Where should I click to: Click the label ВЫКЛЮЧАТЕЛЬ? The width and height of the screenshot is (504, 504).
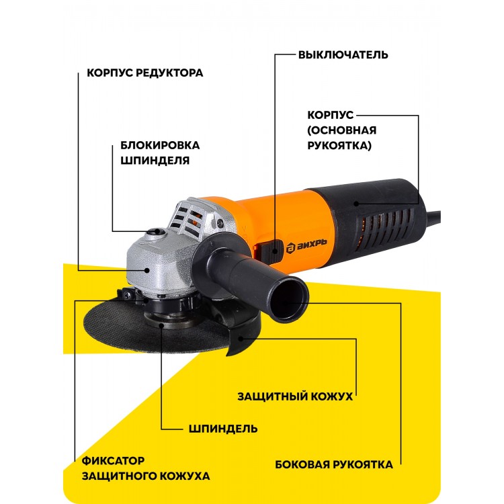click(x=343, y=54)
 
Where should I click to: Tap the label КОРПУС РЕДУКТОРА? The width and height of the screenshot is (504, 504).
click(x=145, y=73)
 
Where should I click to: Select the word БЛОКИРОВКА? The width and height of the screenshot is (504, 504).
click(x=160, y=145)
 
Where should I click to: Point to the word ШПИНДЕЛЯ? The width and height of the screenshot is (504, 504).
click(x=155, y=161)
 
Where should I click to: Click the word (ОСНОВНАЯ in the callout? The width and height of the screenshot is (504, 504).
click(x=341, y=130)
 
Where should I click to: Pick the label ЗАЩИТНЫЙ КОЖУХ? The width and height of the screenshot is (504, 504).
click(x=295, y=396)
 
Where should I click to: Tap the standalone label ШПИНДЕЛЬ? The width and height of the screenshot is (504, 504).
click(x=223, y=429)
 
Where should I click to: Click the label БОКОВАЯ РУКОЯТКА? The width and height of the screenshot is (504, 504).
click(x=333, y=464)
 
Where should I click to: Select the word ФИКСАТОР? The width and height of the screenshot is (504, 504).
click(x=113, y=460)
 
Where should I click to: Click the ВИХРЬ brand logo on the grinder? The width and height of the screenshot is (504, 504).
click(x=306, y=245)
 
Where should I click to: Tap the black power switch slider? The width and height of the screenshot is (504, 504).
click(x=269, y=251)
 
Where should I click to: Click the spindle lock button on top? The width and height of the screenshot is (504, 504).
click(x=156, y=232)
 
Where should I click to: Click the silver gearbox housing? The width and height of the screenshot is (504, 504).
click(x=157, y=263)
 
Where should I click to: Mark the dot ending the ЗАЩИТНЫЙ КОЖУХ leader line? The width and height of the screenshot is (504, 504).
click(x=241, y=339)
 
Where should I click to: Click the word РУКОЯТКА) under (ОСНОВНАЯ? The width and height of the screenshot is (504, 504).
click(x=339, y=145)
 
